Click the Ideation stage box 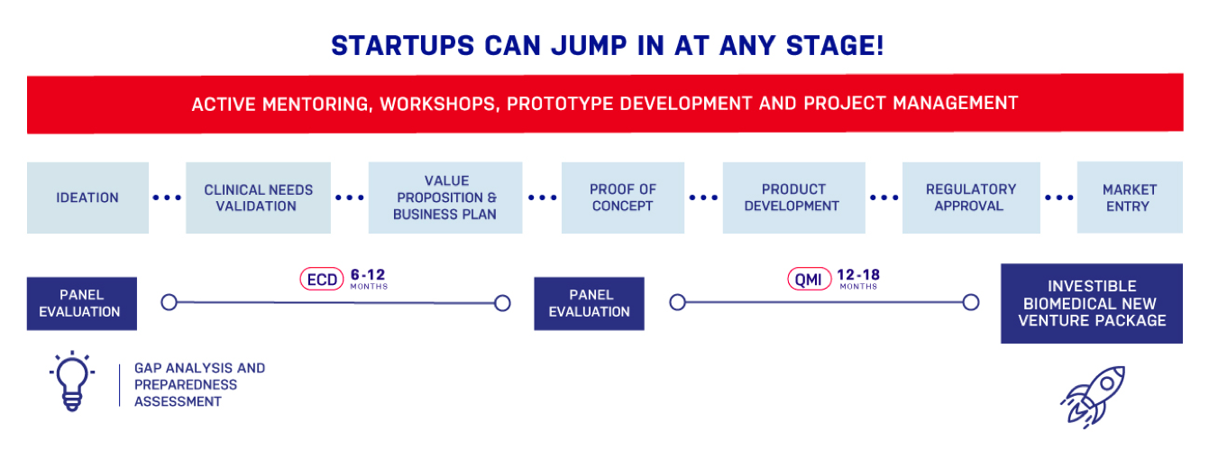[x=88, y=198]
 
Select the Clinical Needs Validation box [x=258, y=198]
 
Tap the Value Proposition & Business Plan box [x=445, y=198]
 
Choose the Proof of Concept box [x=623, y=198]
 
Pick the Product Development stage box [x=794, y=198]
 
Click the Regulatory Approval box [x=971, y=198]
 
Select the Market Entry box [x=1130, y=197]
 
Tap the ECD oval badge [x=322, y=279]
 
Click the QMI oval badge [x=809, y=279]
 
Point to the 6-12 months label [x=369, y=279]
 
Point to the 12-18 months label [x=858, y=279]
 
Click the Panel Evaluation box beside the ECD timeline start [x=82, y=303]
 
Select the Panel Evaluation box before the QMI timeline [x=590, y=303]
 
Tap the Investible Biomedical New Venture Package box [x=1092, y=303]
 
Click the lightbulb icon [x=72, y=382]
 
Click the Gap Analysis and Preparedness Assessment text [x=200, y=385]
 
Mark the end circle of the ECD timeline [x=502, y=303]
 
